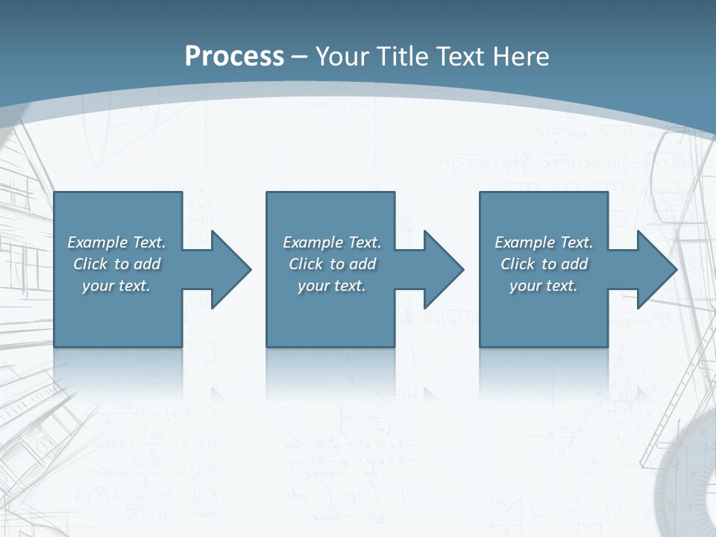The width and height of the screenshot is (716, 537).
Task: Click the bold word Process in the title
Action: [x=234, y=57]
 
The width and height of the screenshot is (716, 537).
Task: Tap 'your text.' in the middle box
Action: [x=331, y=286]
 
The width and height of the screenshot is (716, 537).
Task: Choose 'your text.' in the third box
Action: [x=543, y=286]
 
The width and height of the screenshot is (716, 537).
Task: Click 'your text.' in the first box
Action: [x=116, y=286]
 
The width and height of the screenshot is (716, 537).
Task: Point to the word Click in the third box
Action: [x=518, y=264]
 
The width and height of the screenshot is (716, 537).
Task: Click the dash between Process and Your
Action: [x=299, y=57]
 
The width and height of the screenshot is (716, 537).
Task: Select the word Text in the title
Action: [x=460, y=57]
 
